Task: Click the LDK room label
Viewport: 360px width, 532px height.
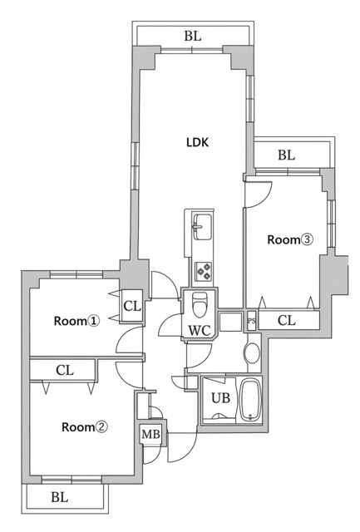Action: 197,142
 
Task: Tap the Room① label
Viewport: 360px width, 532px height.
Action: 76,321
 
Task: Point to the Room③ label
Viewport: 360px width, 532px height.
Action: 289,240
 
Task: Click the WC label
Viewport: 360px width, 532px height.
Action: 199,331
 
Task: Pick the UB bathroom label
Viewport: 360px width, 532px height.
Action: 219,397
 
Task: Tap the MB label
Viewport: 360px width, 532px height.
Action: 150,435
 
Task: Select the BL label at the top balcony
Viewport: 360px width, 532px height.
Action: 193,37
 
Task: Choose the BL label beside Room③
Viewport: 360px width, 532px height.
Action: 287,155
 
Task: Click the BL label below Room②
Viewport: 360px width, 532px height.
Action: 59,498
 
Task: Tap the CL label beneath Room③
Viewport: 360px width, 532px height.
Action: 285,320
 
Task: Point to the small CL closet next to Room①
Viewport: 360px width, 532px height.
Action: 131,306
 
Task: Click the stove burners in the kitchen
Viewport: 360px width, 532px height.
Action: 202,270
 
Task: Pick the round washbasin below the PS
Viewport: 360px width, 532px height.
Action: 251,352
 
